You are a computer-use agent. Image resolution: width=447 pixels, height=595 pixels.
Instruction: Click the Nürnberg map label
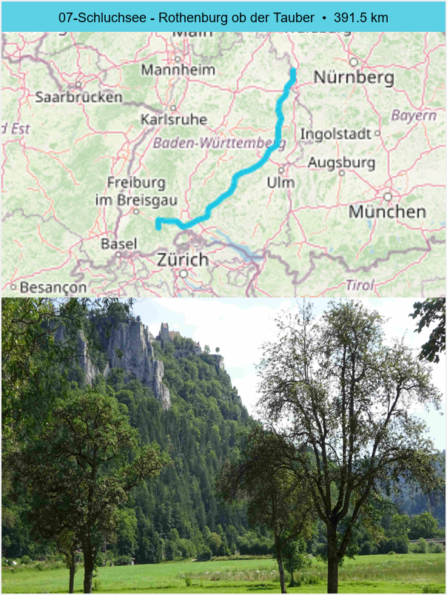point(353,77)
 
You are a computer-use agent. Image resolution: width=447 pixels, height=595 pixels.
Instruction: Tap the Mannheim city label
point(178,70)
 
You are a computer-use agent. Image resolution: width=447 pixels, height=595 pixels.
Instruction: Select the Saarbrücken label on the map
point(78,97)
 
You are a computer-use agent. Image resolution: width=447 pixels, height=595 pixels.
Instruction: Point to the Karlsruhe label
point(173,119)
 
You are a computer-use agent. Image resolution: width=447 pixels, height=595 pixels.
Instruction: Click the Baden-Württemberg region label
point(219,142)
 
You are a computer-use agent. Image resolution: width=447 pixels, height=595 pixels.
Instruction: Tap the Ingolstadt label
point(335,134)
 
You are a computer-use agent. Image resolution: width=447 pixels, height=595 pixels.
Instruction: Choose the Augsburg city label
point(341,162)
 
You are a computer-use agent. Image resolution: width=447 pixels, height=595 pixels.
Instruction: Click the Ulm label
point(281,182)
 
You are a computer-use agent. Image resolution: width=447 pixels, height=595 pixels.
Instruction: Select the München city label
point(387,212)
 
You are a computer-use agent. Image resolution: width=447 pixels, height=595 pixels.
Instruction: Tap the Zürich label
point(183,260)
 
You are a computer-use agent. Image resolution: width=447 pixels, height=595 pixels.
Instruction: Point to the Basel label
point(118,243)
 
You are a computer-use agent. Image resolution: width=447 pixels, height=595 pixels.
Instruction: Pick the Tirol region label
point(360,284)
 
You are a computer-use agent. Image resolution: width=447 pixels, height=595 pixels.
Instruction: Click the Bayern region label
point(414,115)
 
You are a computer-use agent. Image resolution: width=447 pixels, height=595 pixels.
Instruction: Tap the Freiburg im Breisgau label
point(136,191)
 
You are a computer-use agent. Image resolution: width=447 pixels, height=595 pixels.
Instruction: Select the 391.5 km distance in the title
point(360,17)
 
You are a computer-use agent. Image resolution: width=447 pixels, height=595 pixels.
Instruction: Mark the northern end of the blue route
point(293,71)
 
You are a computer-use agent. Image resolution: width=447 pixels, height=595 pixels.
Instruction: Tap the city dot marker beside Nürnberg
point(354,62)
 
